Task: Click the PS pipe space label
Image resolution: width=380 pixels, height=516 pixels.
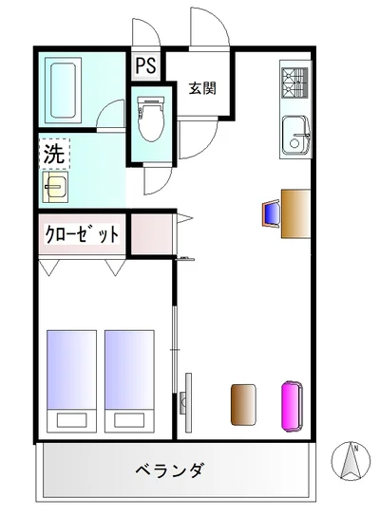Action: [x=145, y=64]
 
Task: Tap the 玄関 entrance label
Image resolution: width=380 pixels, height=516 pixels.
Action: [x=202, y=88]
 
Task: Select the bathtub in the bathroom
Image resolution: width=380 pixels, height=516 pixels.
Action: [x=63, y=90]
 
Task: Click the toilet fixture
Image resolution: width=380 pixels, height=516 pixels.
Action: [x=151, y=119]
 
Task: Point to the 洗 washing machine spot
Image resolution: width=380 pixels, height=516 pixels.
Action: [x=54, y=154]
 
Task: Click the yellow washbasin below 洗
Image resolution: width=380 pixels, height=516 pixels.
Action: [x=55, y=186]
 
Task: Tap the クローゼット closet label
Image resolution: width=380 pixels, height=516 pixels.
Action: [x=82, y=234]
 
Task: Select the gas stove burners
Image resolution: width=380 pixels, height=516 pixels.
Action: [x=294, y=83]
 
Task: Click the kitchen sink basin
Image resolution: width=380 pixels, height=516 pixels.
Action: [x=295, y=135]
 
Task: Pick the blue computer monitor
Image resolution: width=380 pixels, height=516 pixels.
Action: [x=272, y=213]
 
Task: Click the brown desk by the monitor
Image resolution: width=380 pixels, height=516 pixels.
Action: [x=295, y=213]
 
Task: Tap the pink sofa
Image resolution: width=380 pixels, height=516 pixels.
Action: [x=292, y=406]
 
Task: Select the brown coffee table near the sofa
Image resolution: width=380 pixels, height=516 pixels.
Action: [x=243, y=404]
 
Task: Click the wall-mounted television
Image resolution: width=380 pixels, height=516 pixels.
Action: [x=186, y=402]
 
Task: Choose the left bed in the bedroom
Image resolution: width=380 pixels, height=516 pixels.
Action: [x=71, y=381]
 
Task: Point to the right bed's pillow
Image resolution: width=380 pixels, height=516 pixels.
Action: [x=129, y=420]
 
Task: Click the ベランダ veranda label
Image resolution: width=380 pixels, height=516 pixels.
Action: [x=170, y=470]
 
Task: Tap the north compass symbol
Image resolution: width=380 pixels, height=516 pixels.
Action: [x=351, y=460]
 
